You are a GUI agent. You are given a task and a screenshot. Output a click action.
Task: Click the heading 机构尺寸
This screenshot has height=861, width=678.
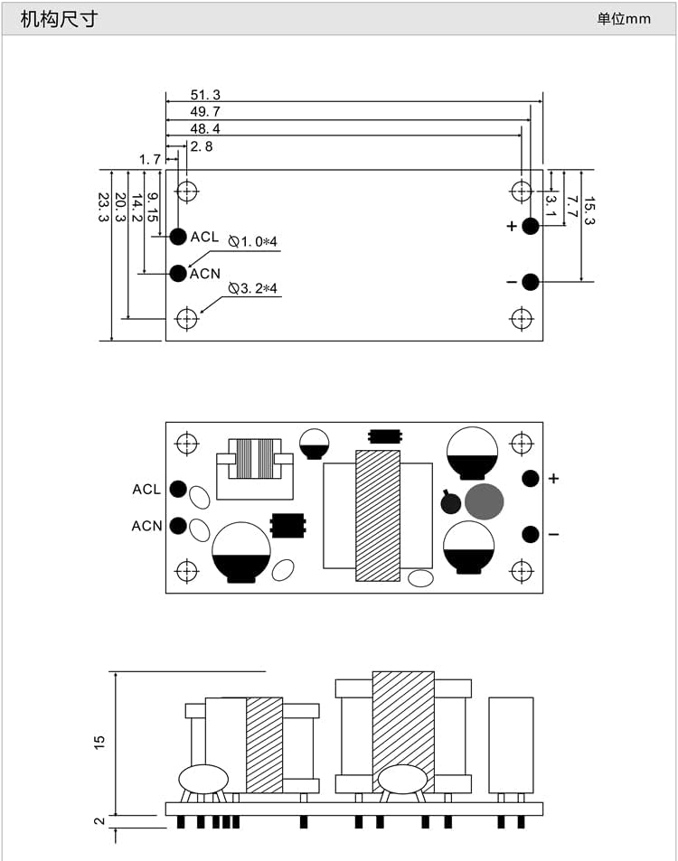59,18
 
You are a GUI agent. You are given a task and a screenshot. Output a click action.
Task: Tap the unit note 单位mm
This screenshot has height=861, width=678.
623,19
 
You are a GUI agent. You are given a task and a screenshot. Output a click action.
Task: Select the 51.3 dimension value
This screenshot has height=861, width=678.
205,95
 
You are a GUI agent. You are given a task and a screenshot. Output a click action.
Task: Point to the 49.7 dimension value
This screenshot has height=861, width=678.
205,112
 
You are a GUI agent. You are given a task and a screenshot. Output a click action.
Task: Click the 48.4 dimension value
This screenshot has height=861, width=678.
205,129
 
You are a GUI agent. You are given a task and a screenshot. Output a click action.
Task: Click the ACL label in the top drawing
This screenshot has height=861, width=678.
204,237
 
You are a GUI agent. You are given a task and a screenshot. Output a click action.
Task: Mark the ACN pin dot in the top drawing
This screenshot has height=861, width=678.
178,273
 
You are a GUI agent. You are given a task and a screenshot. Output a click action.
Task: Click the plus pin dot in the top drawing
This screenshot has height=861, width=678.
531,226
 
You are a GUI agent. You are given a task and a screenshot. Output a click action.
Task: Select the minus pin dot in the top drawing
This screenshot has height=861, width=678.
531,282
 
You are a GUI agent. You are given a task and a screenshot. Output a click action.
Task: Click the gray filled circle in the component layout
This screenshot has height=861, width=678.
485,501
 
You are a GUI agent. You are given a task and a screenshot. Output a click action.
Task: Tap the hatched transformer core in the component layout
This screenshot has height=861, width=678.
378,515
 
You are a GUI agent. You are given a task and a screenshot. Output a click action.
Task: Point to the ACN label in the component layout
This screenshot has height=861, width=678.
146,526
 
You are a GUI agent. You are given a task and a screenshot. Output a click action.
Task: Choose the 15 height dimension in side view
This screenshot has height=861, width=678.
100,741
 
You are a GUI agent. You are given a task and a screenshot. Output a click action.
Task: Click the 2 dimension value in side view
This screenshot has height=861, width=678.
100,821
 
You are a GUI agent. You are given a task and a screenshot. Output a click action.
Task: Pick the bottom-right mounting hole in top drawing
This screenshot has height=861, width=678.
522,318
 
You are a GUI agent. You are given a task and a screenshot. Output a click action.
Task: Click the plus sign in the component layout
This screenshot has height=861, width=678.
554,479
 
